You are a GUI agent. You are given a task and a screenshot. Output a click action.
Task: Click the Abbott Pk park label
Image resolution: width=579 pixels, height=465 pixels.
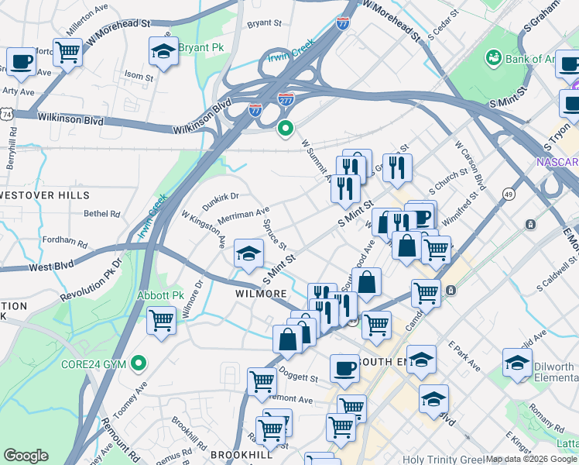tap(159, 295)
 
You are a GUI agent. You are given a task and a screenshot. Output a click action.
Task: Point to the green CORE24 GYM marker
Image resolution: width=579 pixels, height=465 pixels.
tap(139, 362)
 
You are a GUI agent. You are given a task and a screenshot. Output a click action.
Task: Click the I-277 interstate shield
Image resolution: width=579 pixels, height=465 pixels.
tap(286, 99)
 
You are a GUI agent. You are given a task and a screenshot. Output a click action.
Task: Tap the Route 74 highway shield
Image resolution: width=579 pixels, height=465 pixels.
tap(7, 114)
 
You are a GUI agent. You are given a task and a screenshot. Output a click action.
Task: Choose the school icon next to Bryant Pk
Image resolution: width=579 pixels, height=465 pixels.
tap(163, 51)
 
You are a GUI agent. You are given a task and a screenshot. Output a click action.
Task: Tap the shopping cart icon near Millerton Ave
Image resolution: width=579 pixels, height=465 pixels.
tap(68, 52)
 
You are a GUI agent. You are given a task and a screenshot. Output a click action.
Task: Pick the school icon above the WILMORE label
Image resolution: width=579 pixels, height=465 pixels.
tap(248, 253)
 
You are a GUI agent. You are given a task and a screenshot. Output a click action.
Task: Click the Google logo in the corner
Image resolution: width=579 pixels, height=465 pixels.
tap(26, 456)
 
